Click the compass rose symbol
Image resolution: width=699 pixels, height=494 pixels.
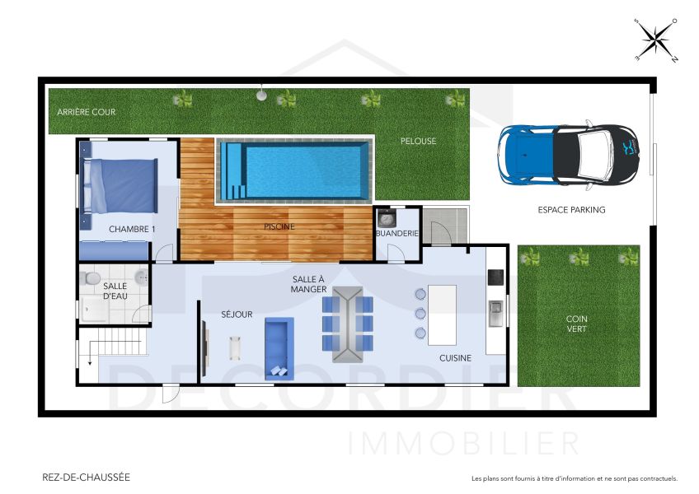click(656, 40)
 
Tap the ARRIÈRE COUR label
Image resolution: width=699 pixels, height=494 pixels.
click(87, 112)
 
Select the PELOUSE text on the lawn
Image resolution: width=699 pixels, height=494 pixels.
click(418, 142)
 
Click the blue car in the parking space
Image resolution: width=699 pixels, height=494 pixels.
click(569, 155)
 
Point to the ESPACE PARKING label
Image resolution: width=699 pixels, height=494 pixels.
click(571, 210)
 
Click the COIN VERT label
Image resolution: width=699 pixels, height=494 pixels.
click(577, 324)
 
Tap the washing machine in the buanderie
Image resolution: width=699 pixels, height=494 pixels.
click(386, 219)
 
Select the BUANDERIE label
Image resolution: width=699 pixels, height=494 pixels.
click(397, 233)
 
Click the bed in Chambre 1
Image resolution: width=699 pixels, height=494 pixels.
click(120, 186)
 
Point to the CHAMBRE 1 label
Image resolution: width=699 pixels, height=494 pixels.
click(132, 230)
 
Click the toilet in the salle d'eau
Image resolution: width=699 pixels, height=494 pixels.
click(91, 278)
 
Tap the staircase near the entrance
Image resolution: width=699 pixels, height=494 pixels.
click(114, 343)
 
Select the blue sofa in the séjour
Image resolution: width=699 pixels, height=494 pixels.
click(279, 349)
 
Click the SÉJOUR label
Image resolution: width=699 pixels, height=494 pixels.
click(237, 315)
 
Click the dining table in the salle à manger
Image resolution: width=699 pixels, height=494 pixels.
click(348, 324)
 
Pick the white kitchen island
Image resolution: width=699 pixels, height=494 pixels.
click(442, 315)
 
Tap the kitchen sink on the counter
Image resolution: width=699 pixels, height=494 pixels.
click(495, 313)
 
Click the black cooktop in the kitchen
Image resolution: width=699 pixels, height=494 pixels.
click(495, 277)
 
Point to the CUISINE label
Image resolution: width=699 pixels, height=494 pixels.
click(455, 358)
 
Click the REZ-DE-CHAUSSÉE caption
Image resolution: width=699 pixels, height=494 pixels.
click(86, 478)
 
